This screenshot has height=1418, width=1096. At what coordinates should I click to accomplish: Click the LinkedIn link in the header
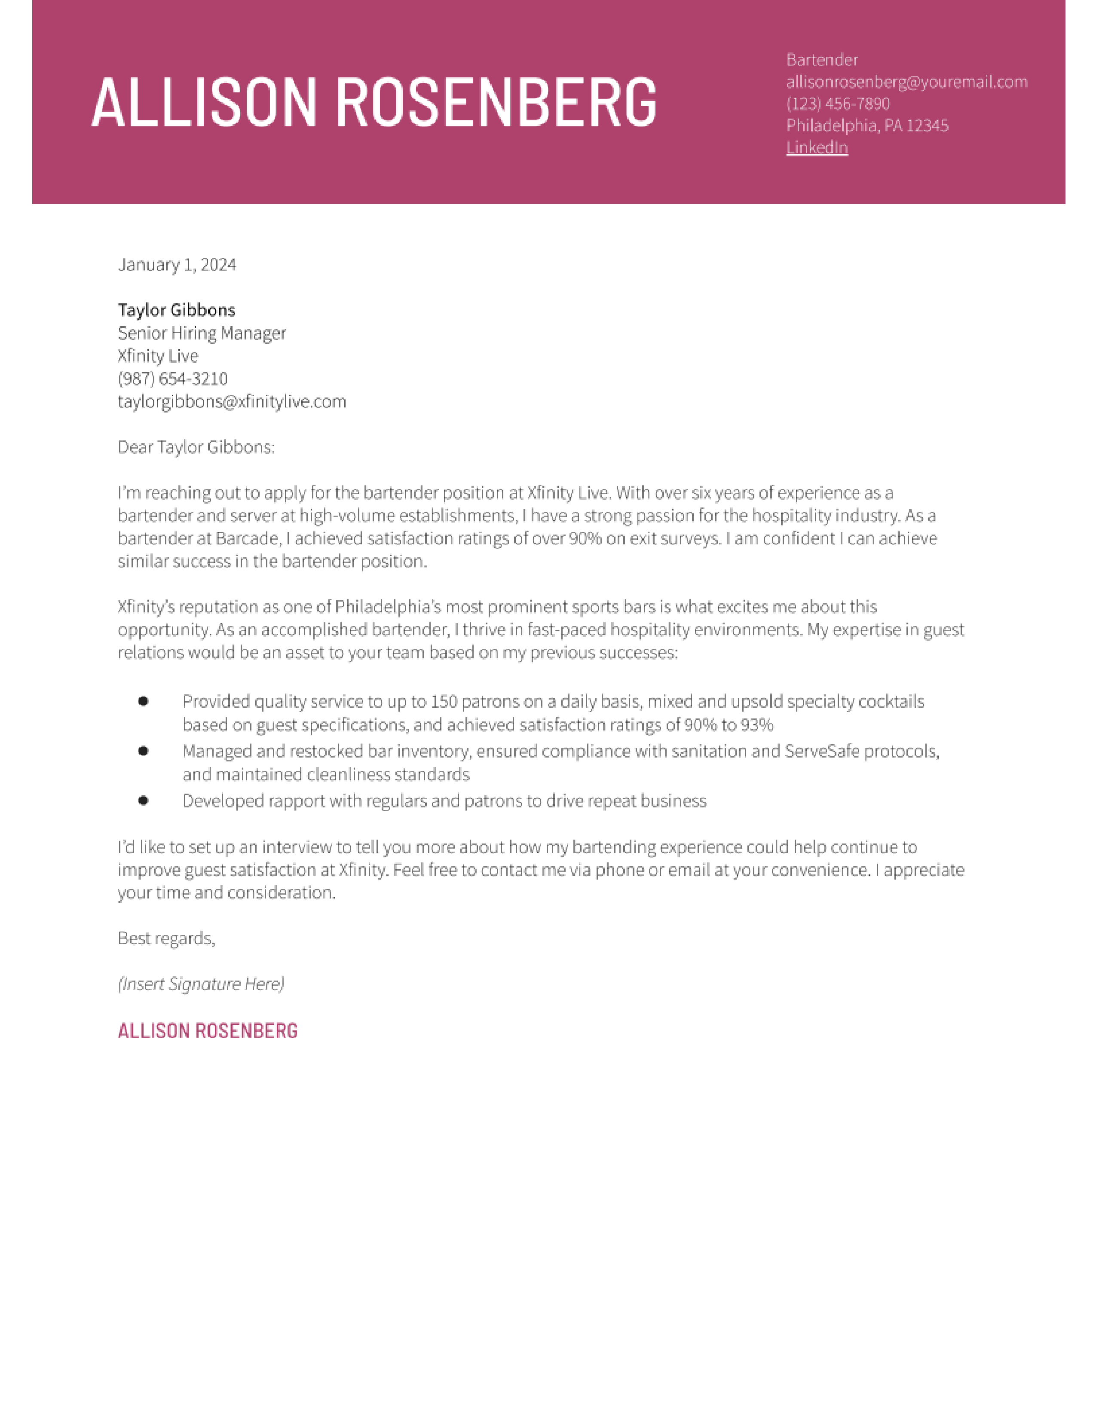coord(816,147)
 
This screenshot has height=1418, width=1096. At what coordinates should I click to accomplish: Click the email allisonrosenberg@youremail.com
coord(906,82)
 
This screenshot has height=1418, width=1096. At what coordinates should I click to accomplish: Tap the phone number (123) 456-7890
coord(838,104)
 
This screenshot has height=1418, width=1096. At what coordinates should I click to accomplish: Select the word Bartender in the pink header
coord(821,60)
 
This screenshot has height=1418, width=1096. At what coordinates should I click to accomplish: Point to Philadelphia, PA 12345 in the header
coord(867,125)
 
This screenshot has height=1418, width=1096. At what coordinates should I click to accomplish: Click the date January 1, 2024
coord(177,264)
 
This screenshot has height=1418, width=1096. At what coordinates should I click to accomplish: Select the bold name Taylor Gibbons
coord(177,310)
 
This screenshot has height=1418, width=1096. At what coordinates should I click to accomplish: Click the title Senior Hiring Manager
coord(201,333)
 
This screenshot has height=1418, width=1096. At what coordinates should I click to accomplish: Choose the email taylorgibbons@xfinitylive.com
coord(232,401)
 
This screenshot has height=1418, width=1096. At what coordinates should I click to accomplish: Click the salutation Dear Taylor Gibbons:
coord(196,447)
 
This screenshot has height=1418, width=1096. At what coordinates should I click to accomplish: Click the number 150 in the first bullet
coord(444,702)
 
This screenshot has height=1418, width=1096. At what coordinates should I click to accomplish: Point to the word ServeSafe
coord(821,751)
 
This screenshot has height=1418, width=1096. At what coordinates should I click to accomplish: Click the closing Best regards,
coord(166,938)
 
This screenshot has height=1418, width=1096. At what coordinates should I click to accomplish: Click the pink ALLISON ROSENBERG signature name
coord(207,1031)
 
